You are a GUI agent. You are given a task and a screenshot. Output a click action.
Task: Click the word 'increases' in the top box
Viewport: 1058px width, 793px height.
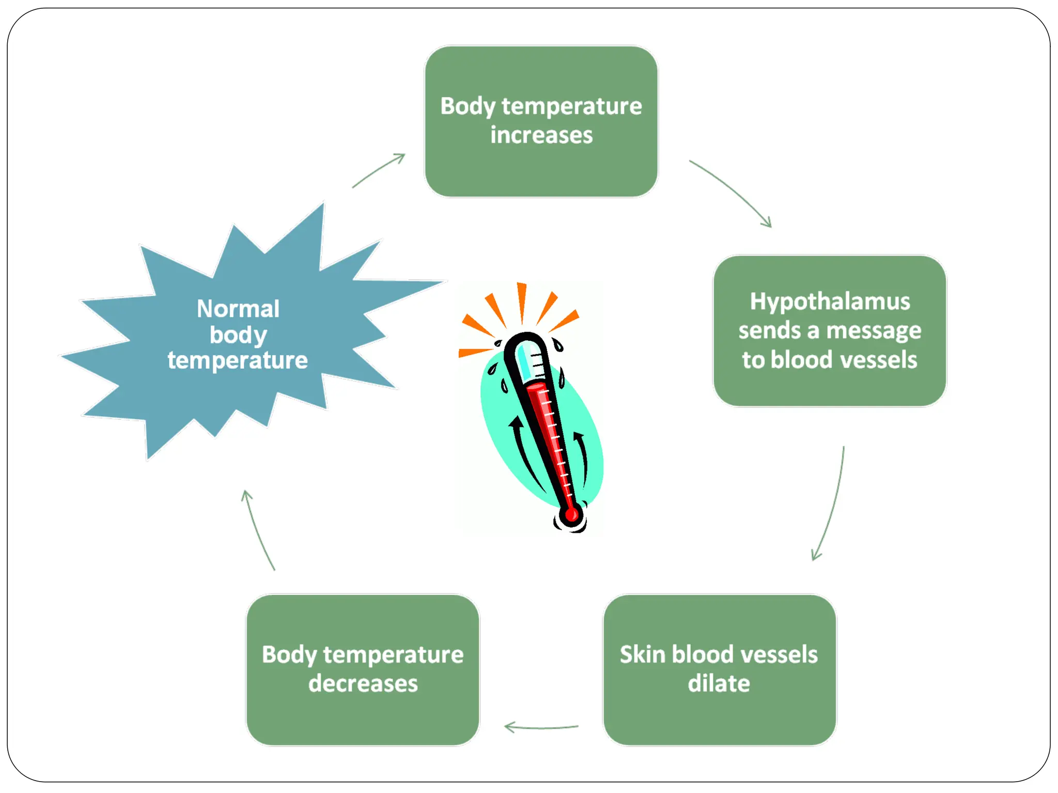(541, 135)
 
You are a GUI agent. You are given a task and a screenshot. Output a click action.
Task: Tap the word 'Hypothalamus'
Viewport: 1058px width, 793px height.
(830, 302)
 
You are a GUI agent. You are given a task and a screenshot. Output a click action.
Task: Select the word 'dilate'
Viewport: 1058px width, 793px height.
(719, 684)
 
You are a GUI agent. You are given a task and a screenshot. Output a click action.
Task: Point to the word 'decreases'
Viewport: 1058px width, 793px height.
(363, 684)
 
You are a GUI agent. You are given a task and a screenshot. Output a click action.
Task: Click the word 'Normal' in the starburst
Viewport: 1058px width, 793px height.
(238, 309)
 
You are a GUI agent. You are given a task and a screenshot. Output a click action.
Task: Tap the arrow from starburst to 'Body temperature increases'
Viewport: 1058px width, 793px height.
(379, 170)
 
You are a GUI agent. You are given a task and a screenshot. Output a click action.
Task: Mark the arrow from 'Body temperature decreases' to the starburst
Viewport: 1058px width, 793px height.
(257, 529)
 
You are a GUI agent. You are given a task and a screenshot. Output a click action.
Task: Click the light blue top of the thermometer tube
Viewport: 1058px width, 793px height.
(526, 359)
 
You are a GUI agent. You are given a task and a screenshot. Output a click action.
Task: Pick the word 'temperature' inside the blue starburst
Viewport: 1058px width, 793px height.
(238, 360)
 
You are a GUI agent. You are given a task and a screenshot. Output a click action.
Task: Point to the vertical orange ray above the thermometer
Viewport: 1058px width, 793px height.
(522, 302)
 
